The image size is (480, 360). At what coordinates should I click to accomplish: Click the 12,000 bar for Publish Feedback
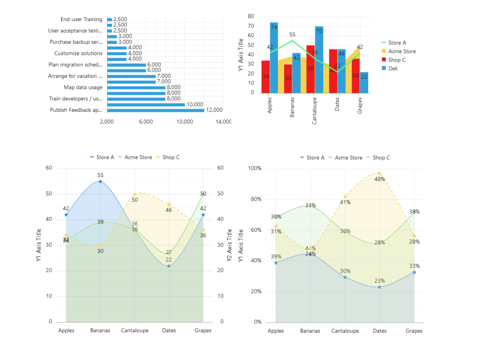click(x=156, y=110)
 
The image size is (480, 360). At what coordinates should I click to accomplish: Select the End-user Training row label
click(x=81, y=19)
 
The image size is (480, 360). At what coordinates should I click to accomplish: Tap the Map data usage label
click(x=83, y=87)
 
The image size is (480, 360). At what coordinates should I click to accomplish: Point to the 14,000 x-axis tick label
click(x=223, y=122)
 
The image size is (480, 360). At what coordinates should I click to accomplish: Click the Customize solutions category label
click(x=78, y=53)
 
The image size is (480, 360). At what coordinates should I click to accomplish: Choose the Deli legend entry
click(x=393, y=69)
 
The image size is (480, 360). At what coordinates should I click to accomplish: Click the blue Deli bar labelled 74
click(x=274, y=58)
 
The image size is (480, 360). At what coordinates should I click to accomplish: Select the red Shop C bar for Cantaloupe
click(x=311, y=69)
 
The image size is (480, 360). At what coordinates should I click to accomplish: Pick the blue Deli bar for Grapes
click(x=364, y=83)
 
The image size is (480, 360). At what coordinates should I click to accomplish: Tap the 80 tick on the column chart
click(x=251, y=16)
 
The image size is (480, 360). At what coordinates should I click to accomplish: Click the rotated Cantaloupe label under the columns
click(x=315, y=112)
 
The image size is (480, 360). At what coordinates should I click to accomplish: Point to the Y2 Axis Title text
click(x=229, y=245)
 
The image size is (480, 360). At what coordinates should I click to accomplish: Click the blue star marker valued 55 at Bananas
click(x=100, y=181)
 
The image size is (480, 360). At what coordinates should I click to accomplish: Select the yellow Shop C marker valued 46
click(x=168, y=204)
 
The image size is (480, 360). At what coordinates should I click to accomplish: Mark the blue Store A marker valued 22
click(x=168, y=266)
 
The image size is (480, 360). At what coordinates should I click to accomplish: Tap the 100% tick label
click(x=254, y=168)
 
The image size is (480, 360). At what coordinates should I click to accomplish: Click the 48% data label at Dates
click(x=380, y=179)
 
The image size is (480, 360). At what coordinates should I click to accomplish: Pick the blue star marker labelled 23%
click(x=380, y=287)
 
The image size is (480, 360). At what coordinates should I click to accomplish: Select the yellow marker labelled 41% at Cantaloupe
click(x=345, y=197)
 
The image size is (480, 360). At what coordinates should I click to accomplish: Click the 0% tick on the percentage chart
click(x=257, y=322)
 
